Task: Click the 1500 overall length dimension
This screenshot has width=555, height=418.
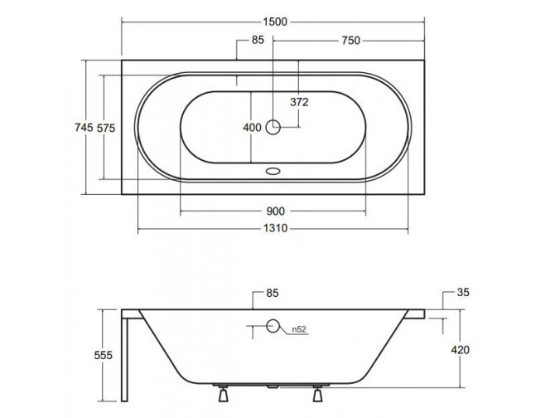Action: click(275, 22)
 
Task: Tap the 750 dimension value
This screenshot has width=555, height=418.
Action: click(350, 41)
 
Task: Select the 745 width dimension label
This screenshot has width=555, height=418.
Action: click(84, 127)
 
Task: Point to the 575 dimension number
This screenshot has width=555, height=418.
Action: click(106, 128)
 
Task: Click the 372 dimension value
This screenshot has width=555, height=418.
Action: click(299, 102)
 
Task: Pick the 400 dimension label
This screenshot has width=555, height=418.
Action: click(252, 128)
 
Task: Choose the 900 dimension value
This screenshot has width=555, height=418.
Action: click(275, 211)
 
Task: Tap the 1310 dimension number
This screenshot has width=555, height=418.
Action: click(275, 228)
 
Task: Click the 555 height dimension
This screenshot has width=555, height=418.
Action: click(104, 355)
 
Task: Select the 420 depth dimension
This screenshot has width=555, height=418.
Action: click(460, 350)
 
